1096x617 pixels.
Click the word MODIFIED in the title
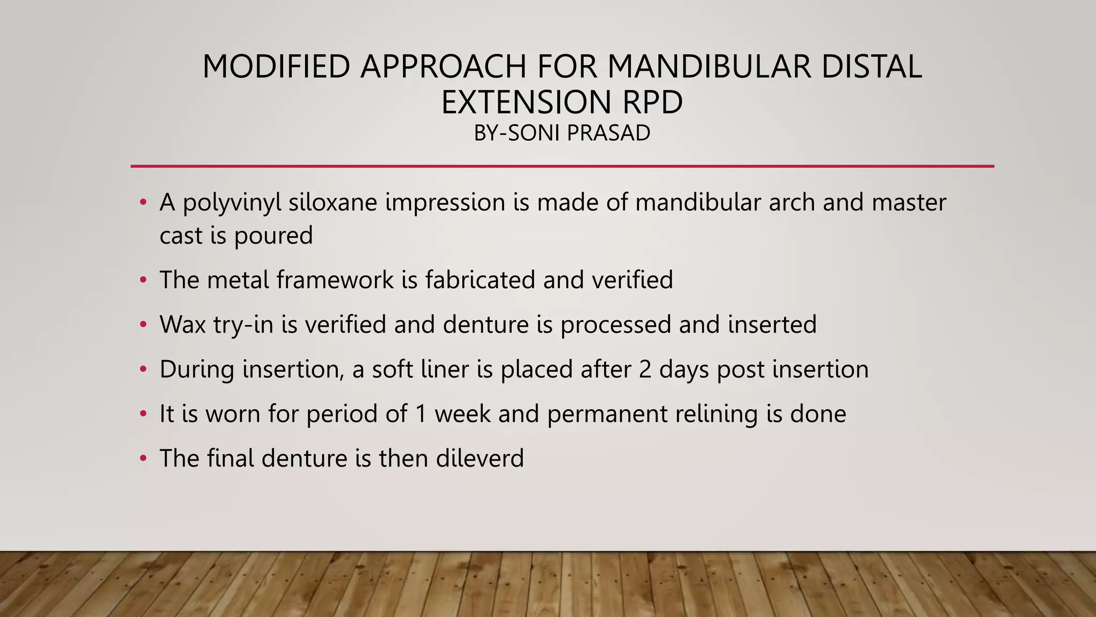tap(276, 67)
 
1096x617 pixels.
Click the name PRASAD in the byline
tap(608, 133)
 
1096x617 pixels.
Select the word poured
tap(273, 236)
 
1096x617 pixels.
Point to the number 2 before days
tap(645, 370)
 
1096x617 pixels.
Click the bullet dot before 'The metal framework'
tap(143, 280)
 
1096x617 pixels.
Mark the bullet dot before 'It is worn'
tap(143, 414)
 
